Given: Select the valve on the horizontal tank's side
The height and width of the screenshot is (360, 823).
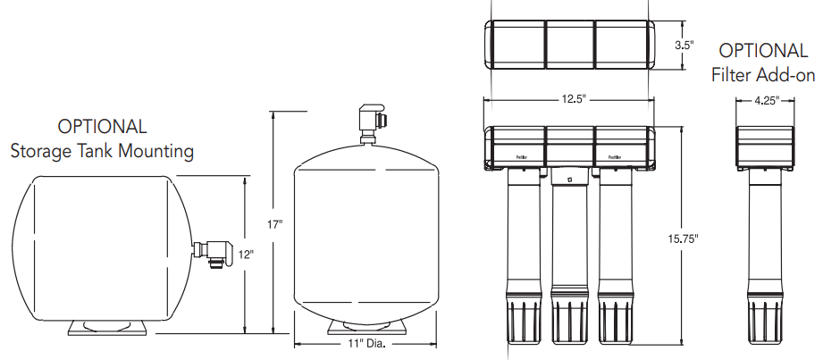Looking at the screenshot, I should (211, 251).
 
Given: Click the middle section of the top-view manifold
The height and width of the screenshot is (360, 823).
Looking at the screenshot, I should (569, 44).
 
